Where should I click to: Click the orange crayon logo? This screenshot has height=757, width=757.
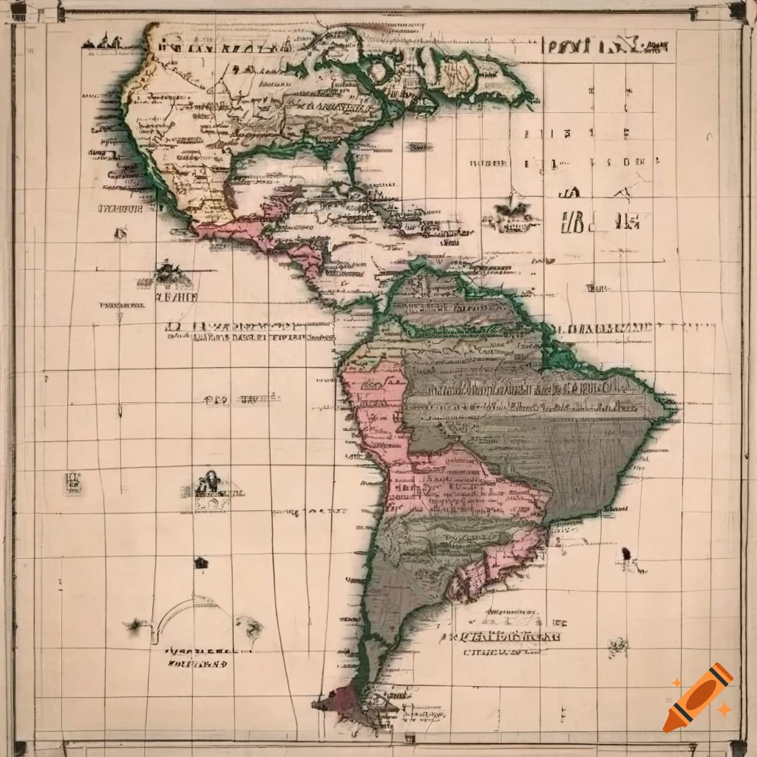coord(698,697)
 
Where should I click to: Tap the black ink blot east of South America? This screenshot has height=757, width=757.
coord(628,554)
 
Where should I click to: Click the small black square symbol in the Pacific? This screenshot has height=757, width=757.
coord(201,563)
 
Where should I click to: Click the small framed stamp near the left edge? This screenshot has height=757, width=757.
coord(72,483)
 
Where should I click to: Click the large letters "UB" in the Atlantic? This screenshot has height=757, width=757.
coord(574,221)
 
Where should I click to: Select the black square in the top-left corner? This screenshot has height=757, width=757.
coord(18,10)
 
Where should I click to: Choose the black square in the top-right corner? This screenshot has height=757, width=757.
coord(736,10)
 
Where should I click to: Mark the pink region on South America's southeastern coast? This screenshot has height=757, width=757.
coord(495,569)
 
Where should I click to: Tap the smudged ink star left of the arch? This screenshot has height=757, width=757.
coord(135,626)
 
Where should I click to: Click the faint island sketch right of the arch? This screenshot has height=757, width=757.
coord(250,629)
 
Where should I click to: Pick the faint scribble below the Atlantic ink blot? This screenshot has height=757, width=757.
coord(618,648)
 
